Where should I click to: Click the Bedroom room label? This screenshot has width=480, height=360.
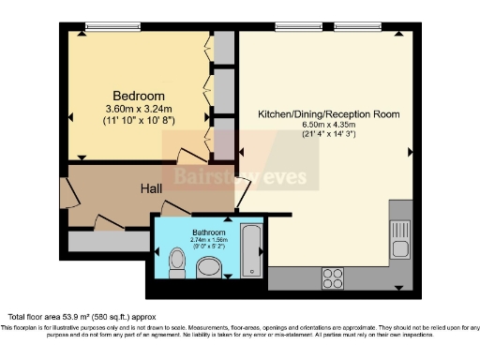[x=139, y=96]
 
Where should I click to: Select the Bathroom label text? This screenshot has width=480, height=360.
[x=209, y=232]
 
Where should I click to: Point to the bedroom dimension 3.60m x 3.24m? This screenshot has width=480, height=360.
[x=139, y=110]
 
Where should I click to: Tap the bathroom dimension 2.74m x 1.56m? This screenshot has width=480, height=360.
[x=209, y=241]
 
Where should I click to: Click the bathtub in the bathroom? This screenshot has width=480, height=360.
[x=252, y=250]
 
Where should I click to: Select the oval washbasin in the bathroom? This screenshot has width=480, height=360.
[x=210, y=270]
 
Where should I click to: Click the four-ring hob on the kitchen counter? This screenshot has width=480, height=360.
[x=333, y=277]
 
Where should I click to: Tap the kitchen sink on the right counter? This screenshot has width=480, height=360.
[x=398, y=227]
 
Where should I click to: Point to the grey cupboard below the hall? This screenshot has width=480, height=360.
[x=107, y=240]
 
